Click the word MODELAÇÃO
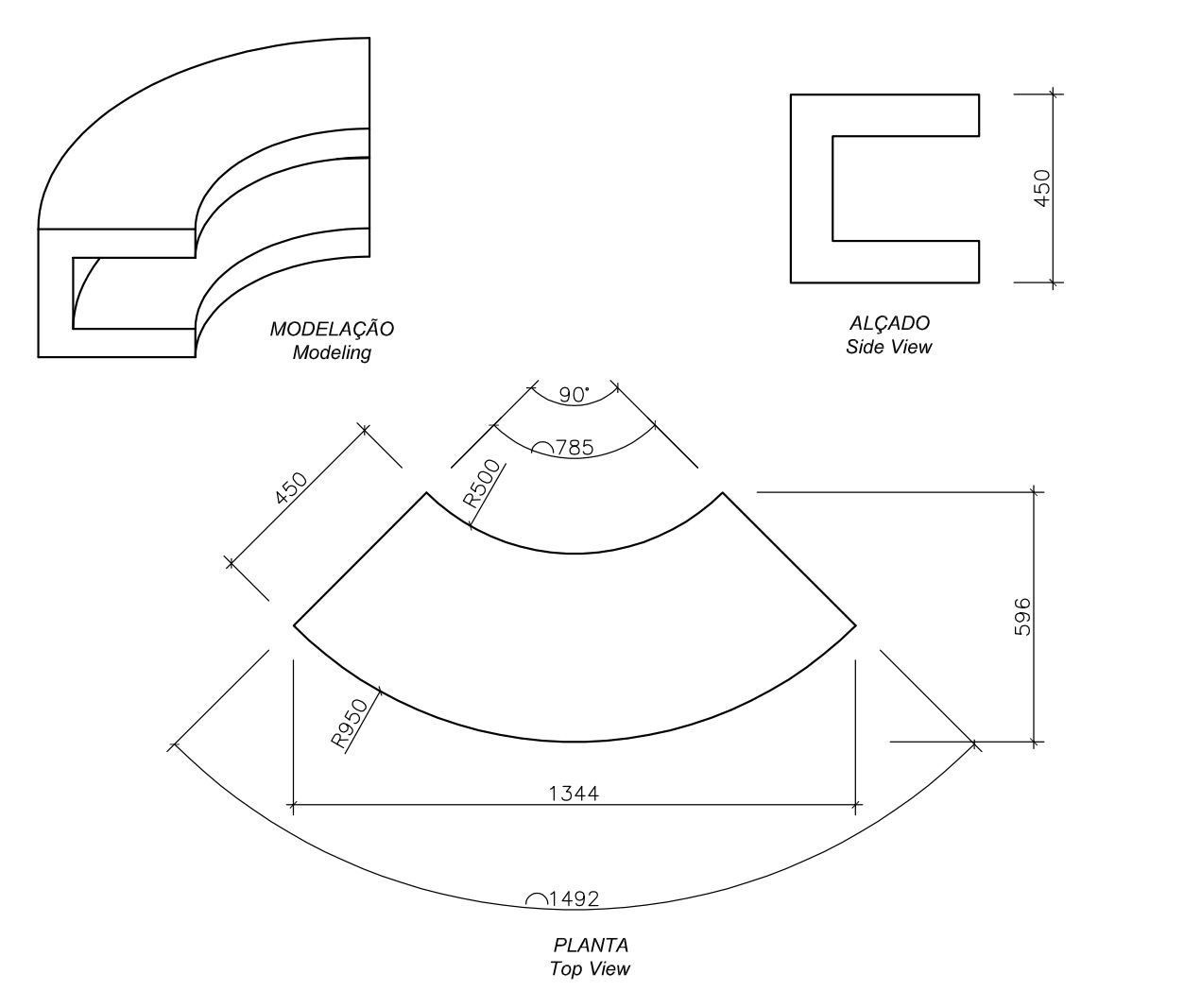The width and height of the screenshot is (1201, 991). point(332,330)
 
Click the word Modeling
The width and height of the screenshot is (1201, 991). point(332,353)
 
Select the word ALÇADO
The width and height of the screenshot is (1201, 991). point(888,324)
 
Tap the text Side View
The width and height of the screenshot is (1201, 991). point(888,347)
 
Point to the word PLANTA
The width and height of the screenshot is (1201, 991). point(591,945)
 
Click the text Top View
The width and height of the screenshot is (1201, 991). point(590,968)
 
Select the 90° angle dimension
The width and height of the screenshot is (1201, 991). point(574,395)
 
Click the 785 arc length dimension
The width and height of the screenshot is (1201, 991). point(575,448)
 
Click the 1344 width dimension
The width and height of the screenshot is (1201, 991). point(574,793)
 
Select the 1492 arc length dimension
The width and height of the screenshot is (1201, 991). point(574,898)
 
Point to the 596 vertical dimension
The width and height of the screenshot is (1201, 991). point(1022,616)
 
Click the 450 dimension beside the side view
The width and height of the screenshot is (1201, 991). point(1041,188)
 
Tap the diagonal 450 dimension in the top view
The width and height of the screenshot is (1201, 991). point(291,489)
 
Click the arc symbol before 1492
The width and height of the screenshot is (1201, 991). point(536,899)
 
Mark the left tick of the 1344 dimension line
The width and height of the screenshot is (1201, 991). point(294,807)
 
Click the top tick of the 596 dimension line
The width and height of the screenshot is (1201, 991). point(1036,492)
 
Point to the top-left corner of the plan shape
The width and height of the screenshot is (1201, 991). point(426,492)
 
